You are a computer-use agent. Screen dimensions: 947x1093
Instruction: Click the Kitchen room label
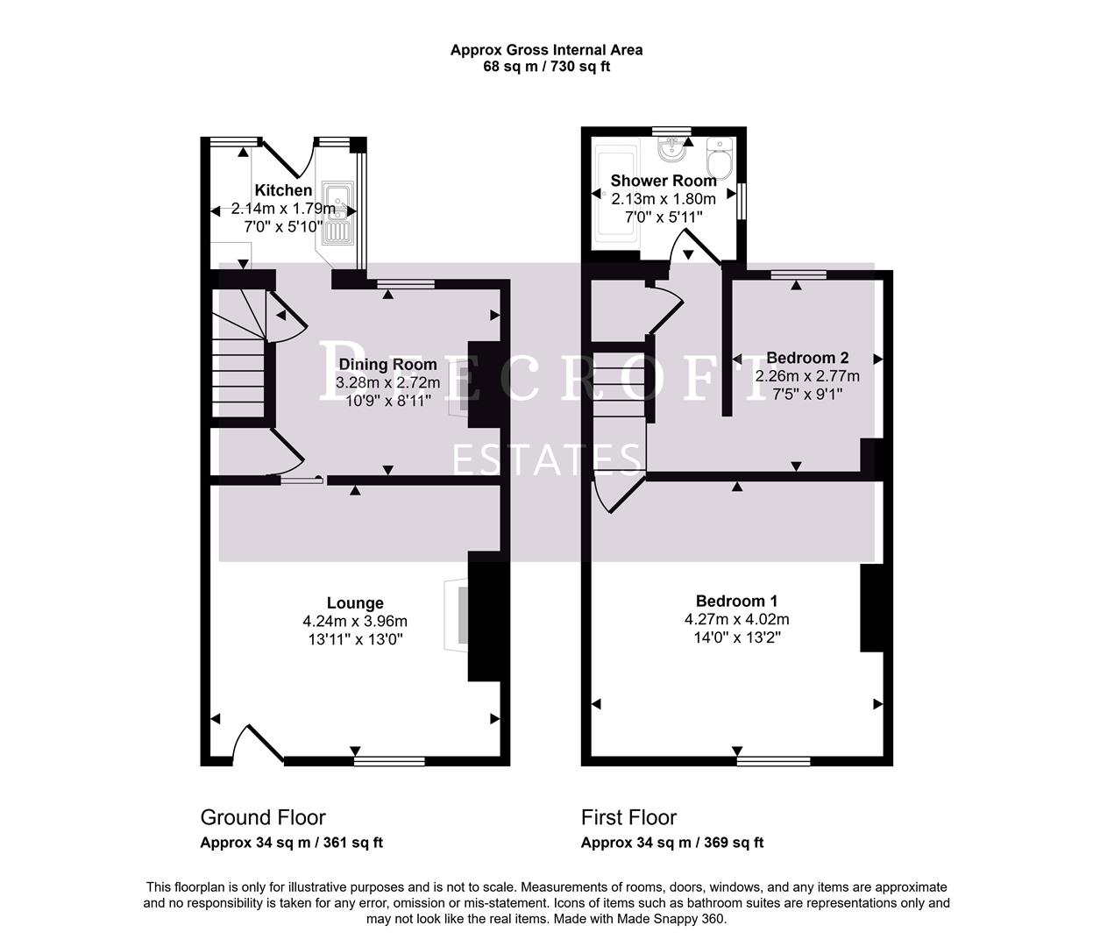283,190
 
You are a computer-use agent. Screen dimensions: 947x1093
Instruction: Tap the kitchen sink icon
337,213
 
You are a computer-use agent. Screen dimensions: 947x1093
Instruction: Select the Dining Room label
387,365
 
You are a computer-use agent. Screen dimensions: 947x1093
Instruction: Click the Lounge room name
355,603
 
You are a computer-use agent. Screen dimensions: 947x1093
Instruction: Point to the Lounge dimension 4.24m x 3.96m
355,622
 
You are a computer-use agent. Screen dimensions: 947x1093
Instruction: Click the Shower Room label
664,181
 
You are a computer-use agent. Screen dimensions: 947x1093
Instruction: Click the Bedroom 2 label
807,358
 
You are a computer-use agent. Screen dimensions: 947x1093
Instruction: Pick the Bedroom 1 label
736,602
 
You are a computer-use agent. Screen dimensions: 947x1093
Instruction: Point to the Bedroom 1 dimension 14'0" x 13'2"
736,637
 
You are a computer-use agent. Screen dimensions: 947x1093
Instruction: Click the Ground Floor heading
263,818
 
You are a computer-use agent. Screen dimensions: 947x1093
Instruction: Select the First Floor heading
628,818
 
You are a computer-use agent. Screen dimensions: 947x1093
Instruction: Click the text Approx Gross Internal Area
546,50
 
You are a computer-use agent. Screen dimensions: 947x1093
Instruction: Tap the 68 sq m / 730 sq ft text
546,67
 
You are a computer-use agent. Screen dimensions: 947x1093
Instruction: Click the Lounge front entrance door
259,745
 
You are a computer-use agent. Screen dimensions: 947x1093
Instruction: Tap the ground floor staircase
239,360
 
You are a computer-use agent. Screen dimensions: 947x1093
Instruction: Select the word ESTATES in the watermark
547,459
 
